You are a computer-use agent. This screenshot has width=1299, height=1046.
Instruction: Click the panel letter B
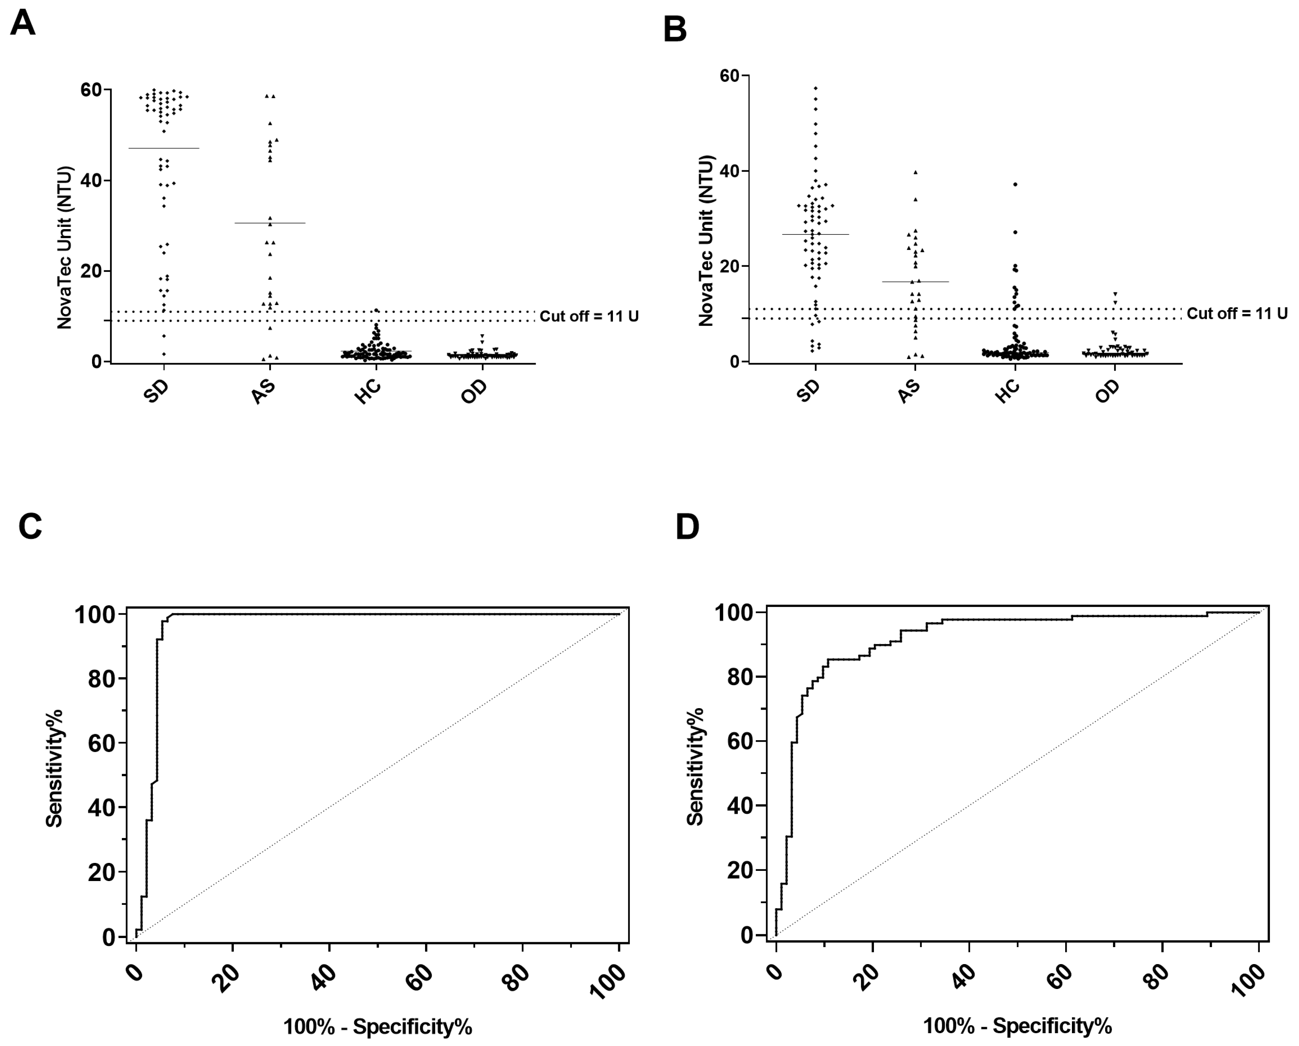(x=675, y=29)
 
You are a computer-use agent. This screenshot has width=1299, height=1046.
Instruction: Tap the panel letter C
(x=30, y=526)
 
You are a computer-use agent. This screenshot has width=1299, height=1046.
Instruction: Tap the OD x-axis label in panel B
(x=1107, y=392)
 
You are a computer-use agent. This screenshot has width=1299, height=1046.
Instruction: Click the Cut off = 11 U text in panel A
(x=589, y=316)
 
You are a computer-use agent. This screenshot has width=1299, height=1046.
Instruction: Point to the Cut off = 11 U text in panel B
(x=1237, y=314)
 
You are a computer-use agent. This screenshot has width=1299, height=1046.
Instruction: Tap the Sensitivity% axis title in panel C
(x=54, y=769)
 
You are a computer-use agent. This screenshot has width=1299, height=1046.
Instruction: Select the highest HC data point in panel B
(x=1015, y=184)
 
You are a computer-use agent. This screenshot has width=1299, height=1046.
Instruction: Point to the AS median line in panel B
(x=915, y=282)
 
